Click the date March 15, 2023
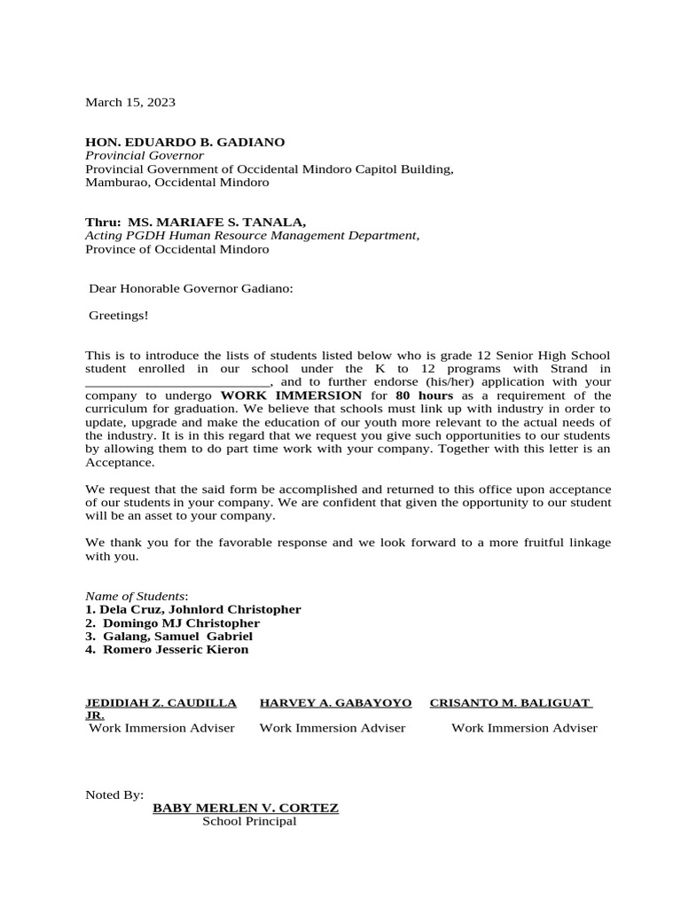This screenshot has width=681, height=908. [129, 102]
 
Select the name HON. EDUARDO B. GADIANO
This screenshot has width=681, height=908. [184, 142]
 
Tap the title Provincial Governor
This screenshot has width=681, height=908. [144, 155]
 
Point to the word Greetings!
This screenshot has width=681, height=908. [119, 315]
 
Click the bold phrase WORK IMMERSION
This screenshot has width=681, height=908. [291, 395]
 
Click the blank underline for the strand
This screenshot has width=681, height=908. [176, 383]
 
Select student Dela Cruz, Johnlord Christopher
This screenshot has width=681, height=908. [193, 609]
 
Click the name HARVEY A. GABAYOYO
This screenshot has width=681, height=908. [335, 702]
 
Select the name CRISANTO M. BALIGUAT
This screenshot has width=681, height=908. [510, 702]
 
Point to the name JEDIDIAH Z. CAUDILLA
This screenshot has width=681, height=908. [160, 702]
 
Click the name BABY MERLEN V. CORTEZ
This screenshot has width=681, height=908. [246, 808]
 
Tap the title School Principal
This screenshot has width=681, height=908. [248, 821]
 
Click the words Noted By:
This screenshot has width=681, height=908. [113, 794]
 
